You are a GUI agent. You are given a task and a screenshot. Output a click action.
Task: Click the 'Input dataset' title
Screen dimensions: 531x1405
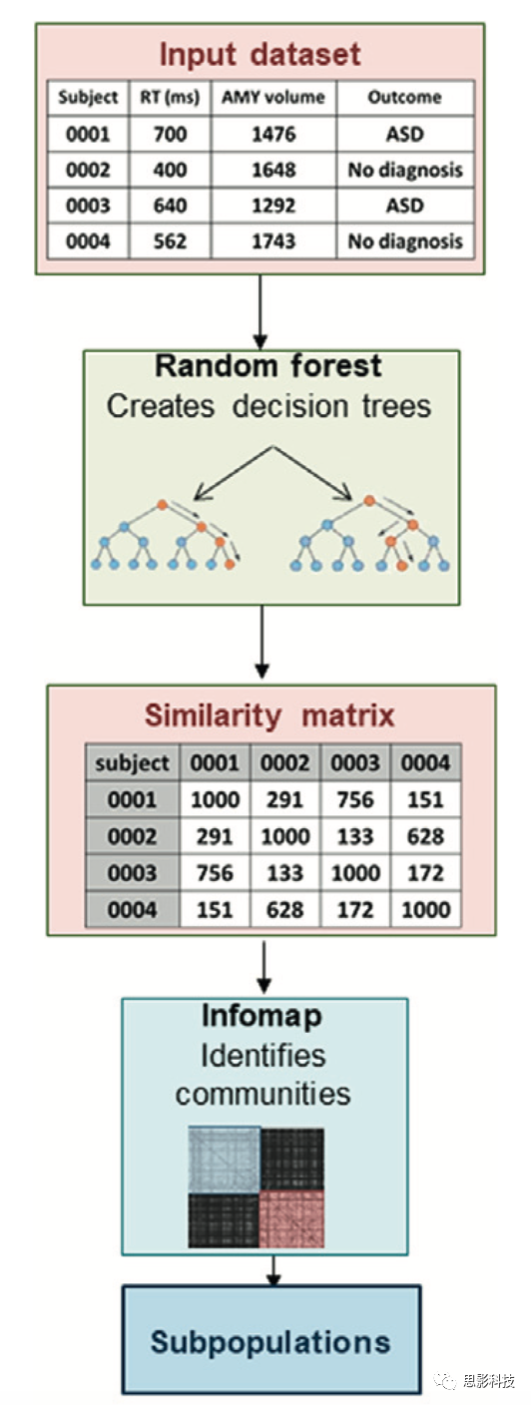(260, 55)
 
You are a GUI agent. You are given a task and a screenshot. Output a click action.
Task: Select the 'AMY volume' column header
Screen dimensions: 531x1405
(273, 97)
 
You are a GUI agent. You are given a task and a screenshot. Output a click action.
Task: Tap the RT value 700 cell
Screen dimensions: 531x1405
(170, 134)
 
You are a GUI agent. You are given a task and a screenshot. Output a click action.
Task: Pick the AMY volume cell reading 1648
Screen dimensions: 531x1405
(273, 170)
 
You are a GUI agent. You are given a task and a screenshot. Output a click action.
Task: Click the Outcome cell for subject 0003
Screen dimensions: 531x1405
(405, 206)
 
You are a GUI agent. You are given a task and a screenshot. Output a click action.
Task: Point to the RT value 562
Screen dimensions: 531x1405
(170, 240)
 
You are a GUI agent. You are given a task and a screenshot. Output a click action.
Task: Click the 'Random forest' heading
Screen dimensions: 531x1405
(268, 365)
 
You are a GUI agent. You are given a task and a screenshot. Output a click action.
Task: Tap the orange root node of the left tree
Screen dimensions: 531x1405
(162, 504)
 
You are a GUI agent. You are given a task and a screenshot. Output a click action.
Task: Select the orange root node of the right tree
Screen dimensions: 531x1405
(369, 501)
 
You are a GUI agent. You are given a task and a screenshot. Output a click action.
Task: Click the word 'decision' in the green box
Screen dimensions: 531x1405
(291, 406)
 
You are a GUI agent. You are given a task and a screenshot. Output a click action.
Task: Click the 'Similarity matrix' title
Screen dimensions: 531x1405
(269, 715)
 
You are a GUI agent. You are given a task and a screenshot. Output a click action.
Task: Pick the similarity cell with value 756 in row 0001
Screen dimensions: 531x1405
(355, 799)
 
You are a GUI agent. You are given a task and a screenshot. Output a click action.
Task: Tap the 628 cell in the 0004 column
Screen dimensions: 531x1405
(425, 836)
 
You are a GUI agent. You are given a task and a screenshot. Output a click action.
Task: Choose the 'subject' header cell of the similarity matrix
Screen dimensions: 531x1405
(133, 763)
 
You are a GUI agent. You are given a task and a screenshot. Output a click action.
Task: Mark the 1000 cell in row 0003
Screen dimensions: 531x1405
(355, 872)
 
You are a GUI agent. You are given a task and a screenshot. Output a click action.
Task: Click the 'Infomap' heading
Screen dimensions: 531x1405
(262, 1016)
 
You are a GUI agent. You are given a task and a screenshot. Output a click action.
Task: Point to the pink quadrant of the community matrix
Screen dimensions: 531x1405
(291, 1218)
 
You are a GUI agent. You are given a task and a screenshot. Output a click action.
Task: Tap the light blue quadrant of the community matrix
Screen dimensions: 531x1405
(224, 1160)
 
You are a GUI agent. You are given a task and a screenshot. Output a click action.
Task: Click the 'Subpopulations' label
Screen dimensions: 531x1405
(270, 1342)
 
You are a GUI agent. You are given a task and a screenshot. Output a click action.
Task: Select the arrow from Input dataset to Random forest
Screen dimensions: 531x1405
(260, 311)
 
